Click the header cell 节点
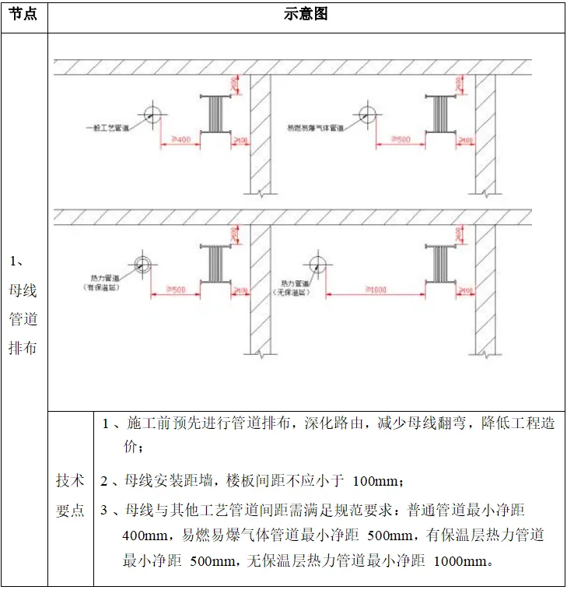tap(23, 15)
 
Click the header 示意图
tap(306, 15)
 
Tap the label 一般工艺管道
tap(108, 127)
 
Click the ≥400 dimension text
tap(179, 140)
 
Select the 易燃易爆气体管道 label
tap(315, 127)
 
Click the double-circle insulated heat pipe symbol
tap(142, 263)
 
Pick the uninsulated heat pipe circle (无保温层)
tap(317, 263)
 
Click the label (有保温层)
tap(101, 287)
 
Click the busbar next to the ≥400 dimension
tap(215, 115)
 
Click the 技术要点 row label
tap(70, 495)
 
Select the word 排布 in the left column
tap(23, 346)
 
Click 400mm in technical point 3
tap(145, 536)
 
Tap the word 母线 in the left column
tap(23, 290)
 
